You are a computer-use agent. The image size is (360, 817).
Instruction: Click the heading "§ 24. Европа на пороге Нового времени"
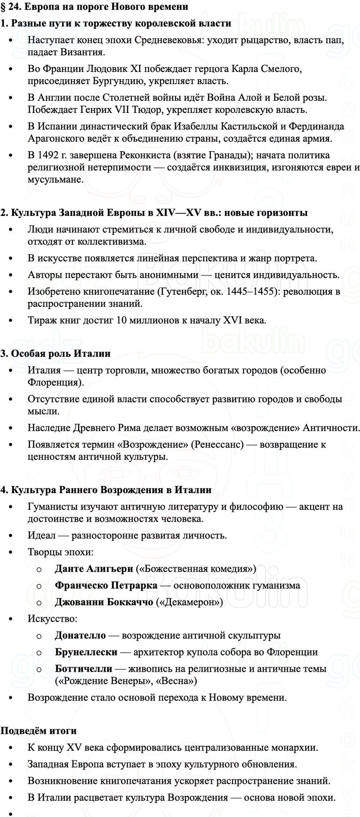(88, 7)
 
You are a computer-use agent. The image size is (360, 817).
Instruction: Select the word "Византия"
(85, 52)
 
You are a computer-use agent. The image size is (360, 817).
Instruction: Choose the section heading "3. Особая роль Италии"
(56, 353)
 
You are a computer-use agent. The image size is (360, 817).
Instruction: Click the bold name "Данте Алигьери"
(94, 569)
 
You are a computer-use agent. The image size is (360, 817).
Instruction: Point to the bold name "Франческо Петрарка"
(106, 585)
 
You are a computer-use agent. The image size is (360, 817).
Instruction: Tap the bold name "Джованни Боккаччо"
(104, 602)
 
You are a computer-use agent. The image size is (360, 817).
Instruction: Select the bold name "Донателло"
(80, 635)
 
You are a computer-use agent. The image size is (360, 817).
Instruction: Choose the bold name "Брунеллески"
(86, 652)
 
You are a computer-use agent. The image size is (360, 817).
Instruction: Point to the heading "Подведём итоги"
(39, 731)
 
